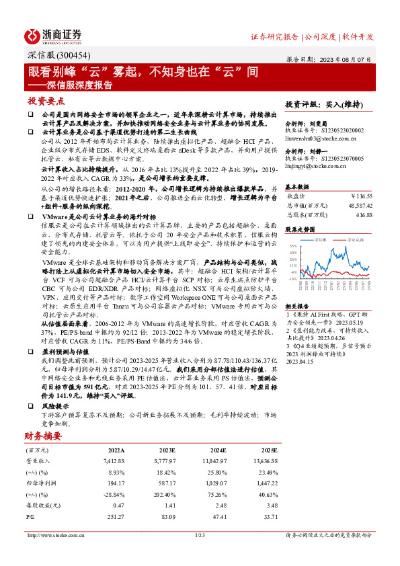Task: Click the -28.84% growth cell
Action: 112,493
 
